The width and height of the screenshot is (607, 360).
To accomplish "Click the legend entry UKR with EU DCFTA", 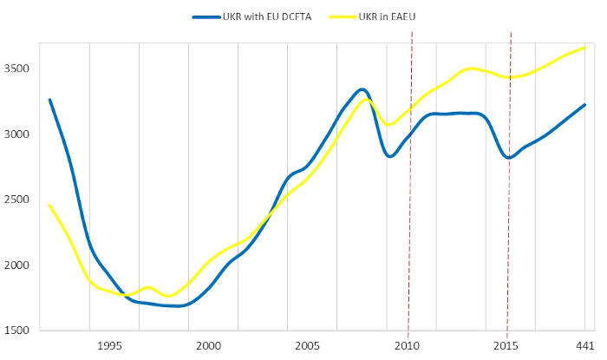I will click(264, 16).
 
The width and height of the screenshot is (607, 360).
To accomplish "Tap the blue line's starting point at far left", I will click(49, 100).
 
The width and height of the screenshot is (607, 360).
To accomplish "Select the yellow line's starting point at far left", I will click(49, 206).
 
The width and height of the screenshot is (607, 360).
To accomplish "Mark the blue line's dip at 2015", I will click(510, 158).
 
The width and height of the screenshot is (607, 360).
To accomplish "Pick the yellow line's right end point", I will click(585, 48).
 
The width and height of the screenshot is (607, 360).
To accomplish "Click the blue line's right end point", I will click(585, 105).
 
